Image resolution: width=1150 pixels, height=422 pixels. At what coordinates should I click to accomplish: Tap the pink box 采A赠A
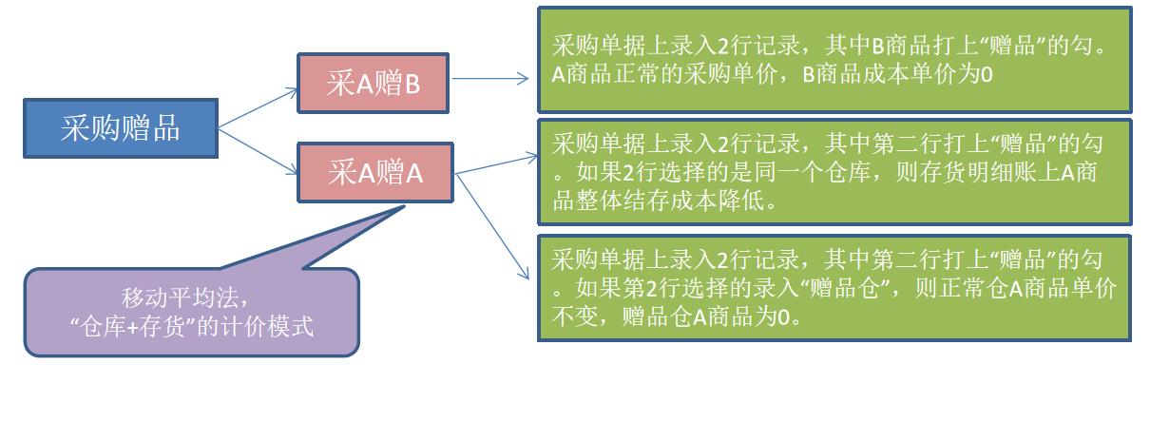click(375, 173)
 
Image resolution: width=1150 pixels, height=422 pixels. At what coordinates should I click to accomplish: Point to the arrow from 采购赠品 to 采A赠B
click(258, 106)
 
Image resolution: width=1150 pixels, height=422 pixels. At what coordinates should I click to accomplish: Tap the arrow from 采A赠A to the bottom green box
click(494, 228)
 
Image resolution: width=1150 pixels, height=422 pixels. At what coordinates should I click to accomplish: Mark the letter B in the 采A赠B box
click(412, 85)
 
